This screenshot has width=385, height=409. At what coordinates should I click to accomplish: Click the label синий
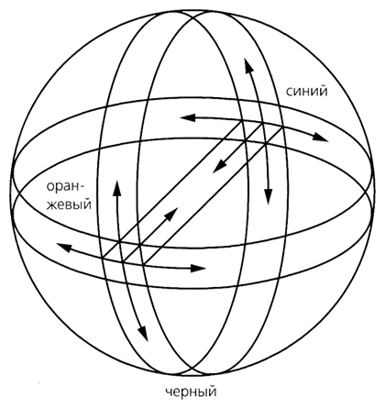pos(306,91)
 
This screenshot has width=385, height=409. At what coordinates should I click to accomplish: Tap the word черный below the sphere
pos(192,392)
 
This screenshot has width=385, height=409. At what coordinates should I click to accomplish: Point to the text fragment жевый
pos(69,204)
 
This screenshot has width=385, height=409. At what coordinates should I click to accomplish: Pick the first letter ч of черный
pos(170,392)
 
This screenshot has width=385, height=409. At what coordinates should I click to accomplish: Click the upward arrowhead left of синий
pos(248,65)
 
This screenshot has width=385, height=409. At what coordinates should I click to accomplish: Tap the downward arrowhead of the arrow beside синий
pos(269,197)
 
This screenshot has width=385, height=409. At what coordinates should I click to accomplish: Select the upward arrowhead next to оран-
pos(117,188)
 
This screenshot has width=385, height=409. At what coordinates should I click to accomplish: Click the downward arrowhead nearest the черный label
pos(143,334)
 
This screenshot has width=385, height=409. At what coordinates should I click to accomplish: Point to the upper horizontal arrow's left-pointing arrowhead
pos(188,117)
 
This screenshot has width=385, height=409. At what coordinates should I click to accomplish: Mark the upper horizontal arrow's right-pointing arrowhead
pos(321,138)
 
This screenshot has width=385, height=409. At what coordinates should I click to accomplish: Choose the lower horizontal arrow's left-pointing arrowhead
pos(64,247)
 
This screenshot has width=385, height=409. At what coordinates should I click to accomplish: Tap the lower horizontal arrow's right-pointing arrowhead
pos(198,269)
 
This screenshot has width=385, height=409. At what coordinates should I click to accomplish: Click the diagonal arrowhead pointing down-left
pos(219,167)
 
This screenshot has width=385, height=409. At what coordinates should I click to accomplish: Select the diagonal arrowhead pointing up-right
pos(171,214)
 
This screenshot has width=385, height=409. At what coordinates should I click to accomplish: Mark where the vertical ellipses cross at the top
pos(192,14)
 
